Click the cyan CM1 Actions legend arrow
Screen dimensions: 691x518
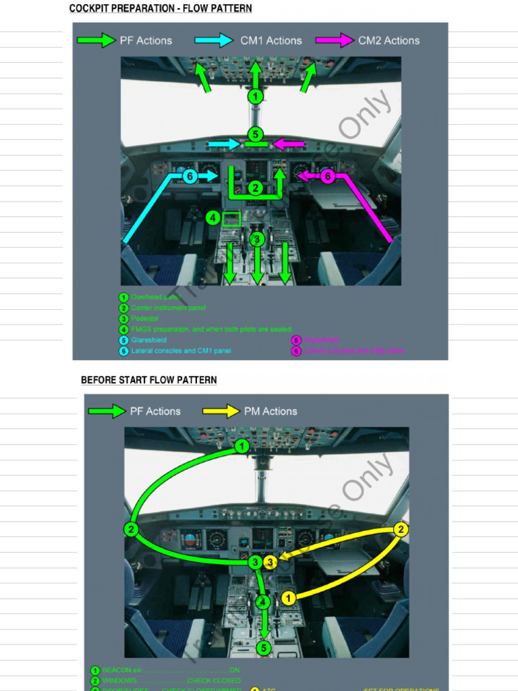(214, 40)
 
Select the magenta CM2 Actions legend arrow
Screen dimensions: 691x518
(335, 40)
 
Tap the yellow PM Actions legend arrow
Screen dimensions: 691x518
(221, 411)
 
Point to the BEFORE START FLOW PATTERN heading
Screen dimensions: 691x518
(149, 380)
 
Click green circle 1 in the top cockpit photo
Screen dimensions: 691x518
(255, 96)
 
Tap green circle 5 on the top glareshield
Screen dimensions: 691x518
(255, 134)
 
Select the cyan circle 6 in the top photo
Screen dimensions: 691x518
(190, 176)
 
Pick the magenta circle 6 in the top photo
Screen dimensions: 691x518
(327, 176)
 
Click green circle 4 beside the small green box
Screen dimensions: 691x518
(212, 218)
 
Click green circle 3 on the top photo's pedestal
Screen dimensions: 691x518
(256, 239)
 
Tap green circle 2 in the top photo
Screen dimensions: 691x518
(255, 188)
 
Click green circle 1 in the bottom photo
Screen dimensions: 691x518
(242, 446)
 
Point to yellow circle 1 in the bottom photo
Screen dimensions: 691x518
(288, 597)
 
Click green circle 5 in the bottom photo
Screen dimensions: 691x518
(264, 648)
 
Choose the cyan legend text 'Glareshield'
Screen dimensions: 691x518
(149, 340)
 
